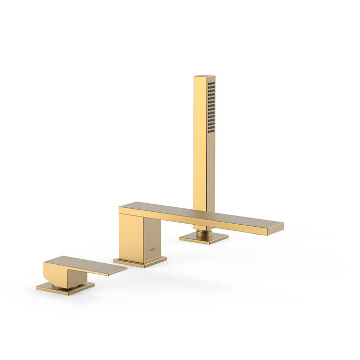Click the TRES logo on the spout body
tap(152, 250)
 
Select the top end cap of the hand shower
tap(205, 77)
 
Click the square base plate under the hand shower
tap(204, 239)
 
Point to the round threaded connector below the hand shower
tap(204, 232)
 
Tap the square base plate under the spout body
tap(140, 262)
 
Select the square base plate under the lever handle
tap(65, 288)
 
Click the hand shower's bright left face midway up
tap(200, 144)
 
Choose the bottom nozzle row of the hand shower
tap(211, 132)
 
